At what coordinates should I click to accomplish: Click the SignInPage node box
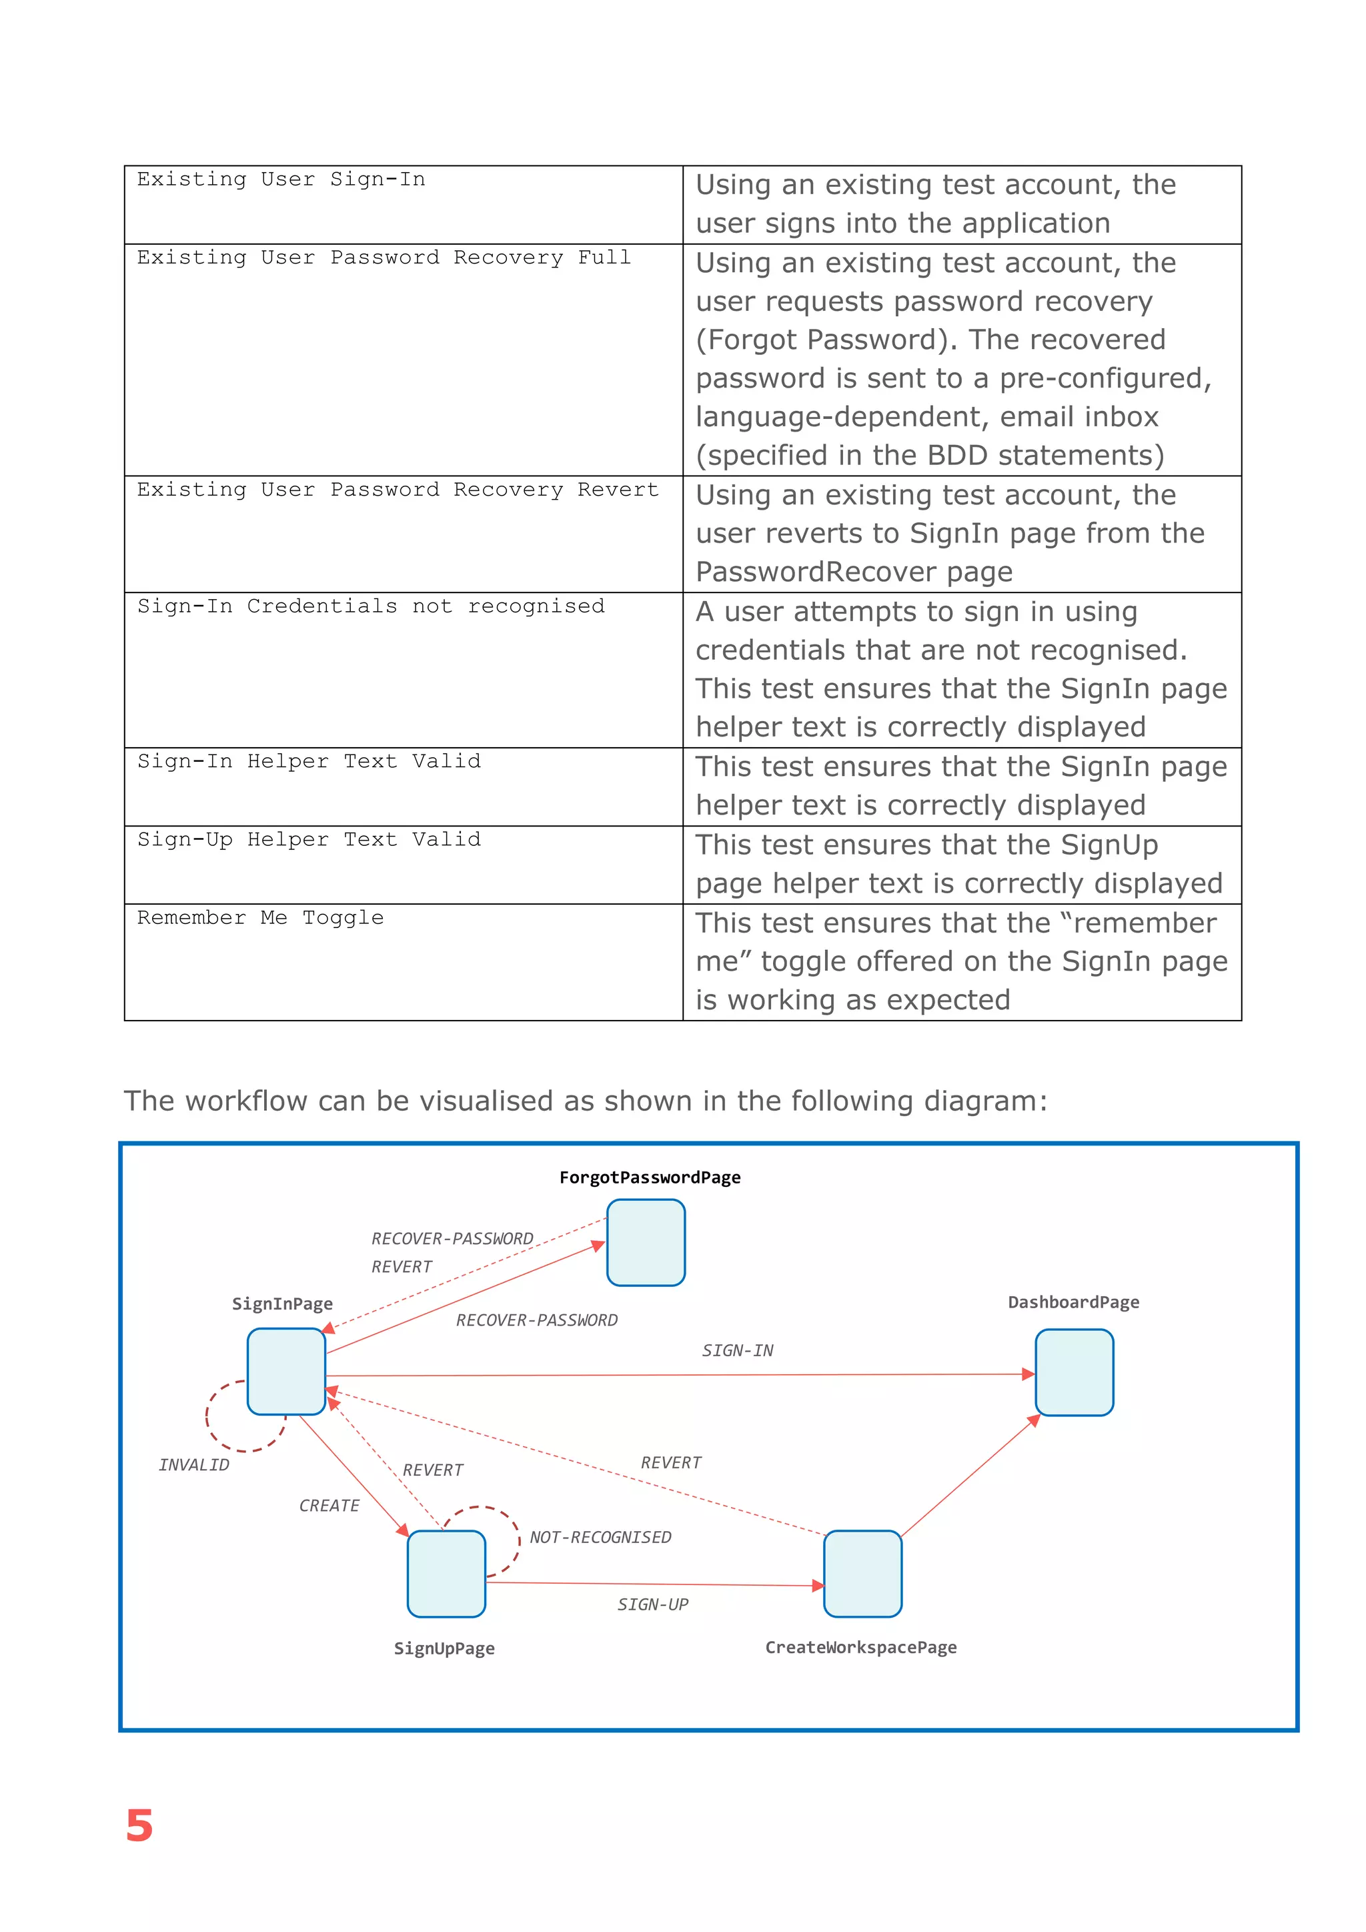pos(286,1371)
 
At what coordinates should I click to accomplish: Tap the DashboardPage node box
pos(1073,1372)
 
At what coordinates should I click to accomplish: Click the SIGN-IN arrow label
pos(737,1350)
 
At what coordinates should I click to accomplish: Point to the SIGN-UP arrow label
pos(653,1604)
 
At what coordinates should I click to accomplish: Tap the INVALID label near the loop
pos(193,1465)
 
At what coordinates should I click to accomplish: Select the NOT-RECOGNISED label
pos(600,1537)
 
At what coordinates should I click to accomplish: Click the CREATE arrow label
pos(329,1506)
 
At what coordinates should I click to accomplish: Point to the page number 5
pos(139,1826)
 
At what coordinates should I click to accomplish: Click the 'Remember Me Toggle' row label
pos(260,917)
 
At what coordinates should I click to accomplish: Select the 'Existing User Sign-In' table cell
pos(281,179)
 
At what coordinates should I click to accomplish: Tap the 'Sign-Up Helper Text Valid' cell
pos(309,839)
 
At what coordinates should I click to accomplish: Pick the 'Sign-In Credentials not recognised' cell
pos(370,606)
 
